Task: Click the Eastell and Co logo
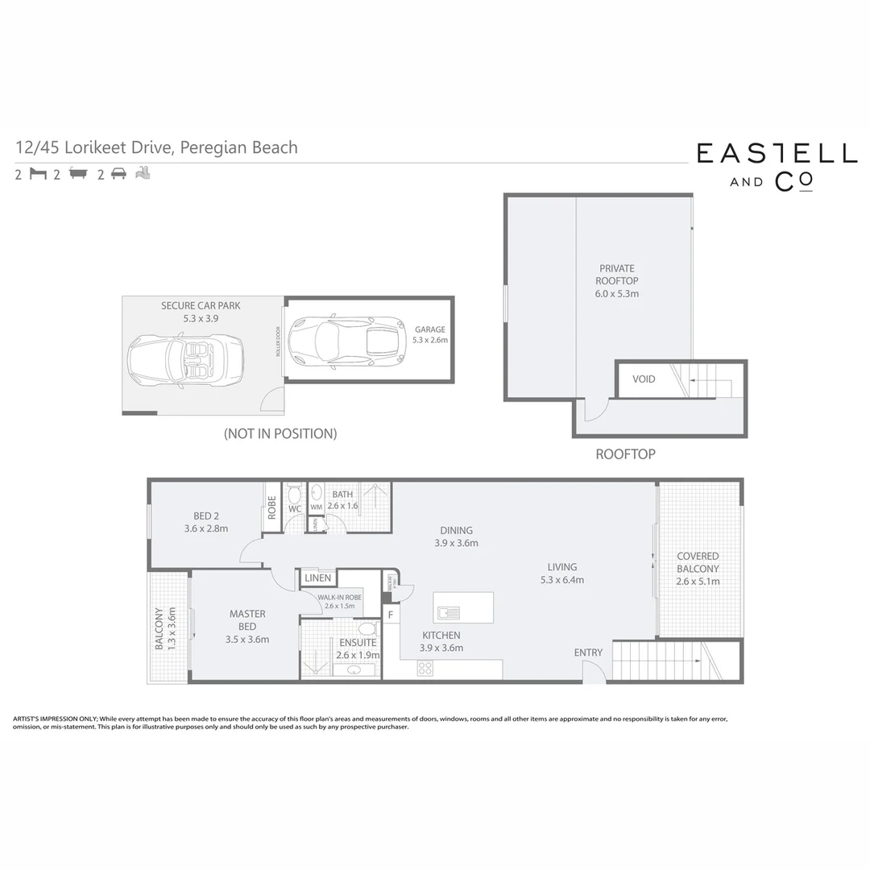click(777, 167)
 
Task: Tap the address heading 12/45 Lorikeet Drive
click(157, 147)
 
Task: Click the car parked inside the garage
click(347, 342)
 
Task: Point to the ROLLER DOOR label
click(278, 342)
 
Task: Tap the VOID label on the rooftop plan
click(644, 379)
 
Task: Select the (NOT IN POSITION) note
click(280, 433)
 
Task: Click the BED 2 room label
click(205, 522)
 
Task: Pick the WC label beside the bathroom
click(294, 508)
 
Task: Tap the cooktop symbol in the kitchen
click(425, 668)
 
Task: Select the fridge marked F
click(391, 615)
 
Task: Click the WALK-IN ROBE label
click(339, 601)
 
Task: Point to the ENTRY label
click(588, 652)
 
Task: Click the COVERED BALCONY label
click(698, 569)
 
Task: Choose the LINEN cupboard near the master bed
click(317, 578)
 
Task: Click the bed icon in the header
click(38, 173)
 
